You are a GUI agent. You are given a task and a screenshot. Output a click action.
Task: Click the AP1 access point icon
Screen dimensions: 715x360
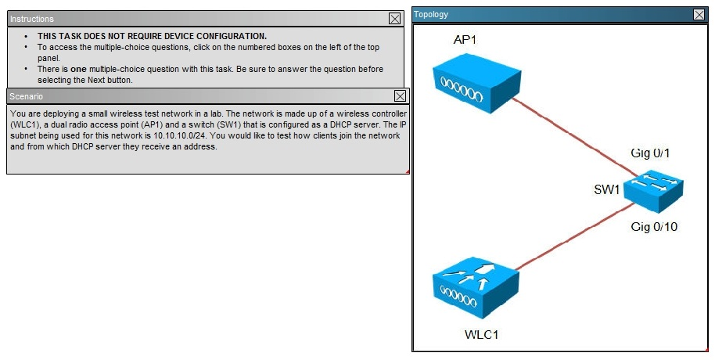(x=476, y=83)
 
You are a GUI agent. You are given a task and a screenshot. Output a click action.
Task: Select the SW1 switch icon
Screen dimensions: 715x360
(x=653, y=190)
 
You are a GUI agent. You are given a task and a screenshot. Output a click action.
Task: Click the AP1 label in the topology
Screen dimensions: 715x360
(x=465, y=40)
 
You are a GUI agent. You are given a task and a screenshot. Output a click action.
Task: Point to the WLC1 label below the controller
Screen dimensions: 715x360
(x=482, y=334)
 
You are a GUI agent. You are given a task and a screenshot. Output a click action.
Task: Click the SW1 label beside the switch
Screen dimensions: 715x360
(x=606, y=189)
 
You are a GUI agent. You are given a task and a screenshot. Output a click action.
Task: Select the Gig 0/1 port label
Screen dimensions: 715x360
(x=650, y=153)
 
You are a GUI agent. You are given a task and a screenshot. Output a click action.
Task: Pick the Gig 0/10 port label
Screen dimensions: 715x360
(x=654, y=226)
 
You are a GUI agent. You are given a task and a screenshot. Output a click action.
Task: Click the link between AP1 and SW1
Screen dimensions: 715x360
(x=573, y=137)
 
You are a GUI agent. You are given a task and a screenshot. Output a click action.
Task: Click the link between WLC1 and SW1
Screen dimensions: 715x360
(x=574, y=237)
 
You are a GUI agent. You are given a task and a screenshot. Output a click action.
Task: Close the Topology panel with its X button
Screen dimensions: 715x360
(x=699, y=15)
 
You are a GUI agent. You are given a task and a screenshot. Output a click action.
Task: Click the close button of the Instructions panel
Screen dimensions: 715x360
(x=394, y=18)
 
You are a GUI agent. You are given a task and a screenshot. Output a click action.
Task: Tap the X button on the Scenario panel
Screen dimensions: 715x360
(x=400, y=95)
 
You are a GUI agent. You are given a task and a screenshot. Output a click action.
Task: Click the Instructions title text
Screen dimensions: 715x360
(x=32, y=19)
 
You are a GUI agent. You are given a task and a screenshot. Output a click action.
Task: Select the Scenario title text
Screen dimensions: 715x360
(x=27, y=96)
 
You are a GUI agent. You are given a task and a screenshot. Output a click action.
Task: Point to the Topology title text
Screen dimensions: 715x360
(x=431, y=14)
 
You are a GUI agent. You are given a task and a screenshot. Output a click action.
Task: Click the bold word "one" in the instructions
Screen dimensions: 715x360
(x=78, y=70)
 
